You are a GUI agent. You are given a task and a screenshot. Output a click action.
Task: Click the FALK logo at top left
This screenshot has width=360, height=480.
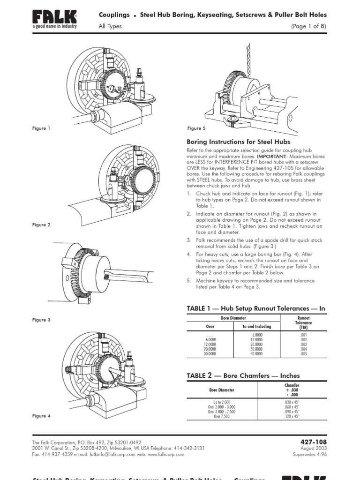(x=54, y=19)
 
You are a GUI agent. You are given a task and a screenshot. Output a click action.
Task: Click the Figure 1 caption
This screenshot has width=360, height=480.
(x=41, y=128)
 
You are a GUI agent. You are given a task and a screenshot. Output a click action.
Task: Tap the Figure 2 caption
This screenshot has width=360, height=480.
(x=41, y=225)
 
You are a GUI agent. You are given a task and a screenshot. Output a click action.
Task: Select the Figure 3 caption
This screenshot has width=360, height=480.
(x=41, y=320)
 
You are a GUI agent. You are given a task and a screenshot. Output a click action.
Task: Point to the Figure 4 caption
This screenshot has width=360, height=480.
(x=41, y=416)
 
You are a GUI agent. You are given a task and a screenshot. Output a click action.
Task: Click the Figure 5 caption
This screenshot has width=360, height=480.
(x=196, y=128)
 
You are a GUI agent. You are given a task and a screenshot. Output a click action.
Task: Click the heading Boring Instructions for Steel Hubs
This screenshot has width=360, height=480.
(x=238, y=142)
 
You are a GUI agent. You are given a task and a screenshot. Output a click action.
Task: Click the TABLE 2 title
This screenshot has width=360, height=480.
(x=243, y=375)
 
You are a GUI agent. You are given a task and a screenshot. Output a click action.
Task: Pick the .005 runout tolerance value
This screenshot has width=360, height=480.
(x=303, y=354)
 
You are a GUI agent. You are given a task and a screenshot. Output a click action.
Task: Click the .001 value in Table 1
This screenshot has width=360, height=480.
(x=303, y=336)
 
